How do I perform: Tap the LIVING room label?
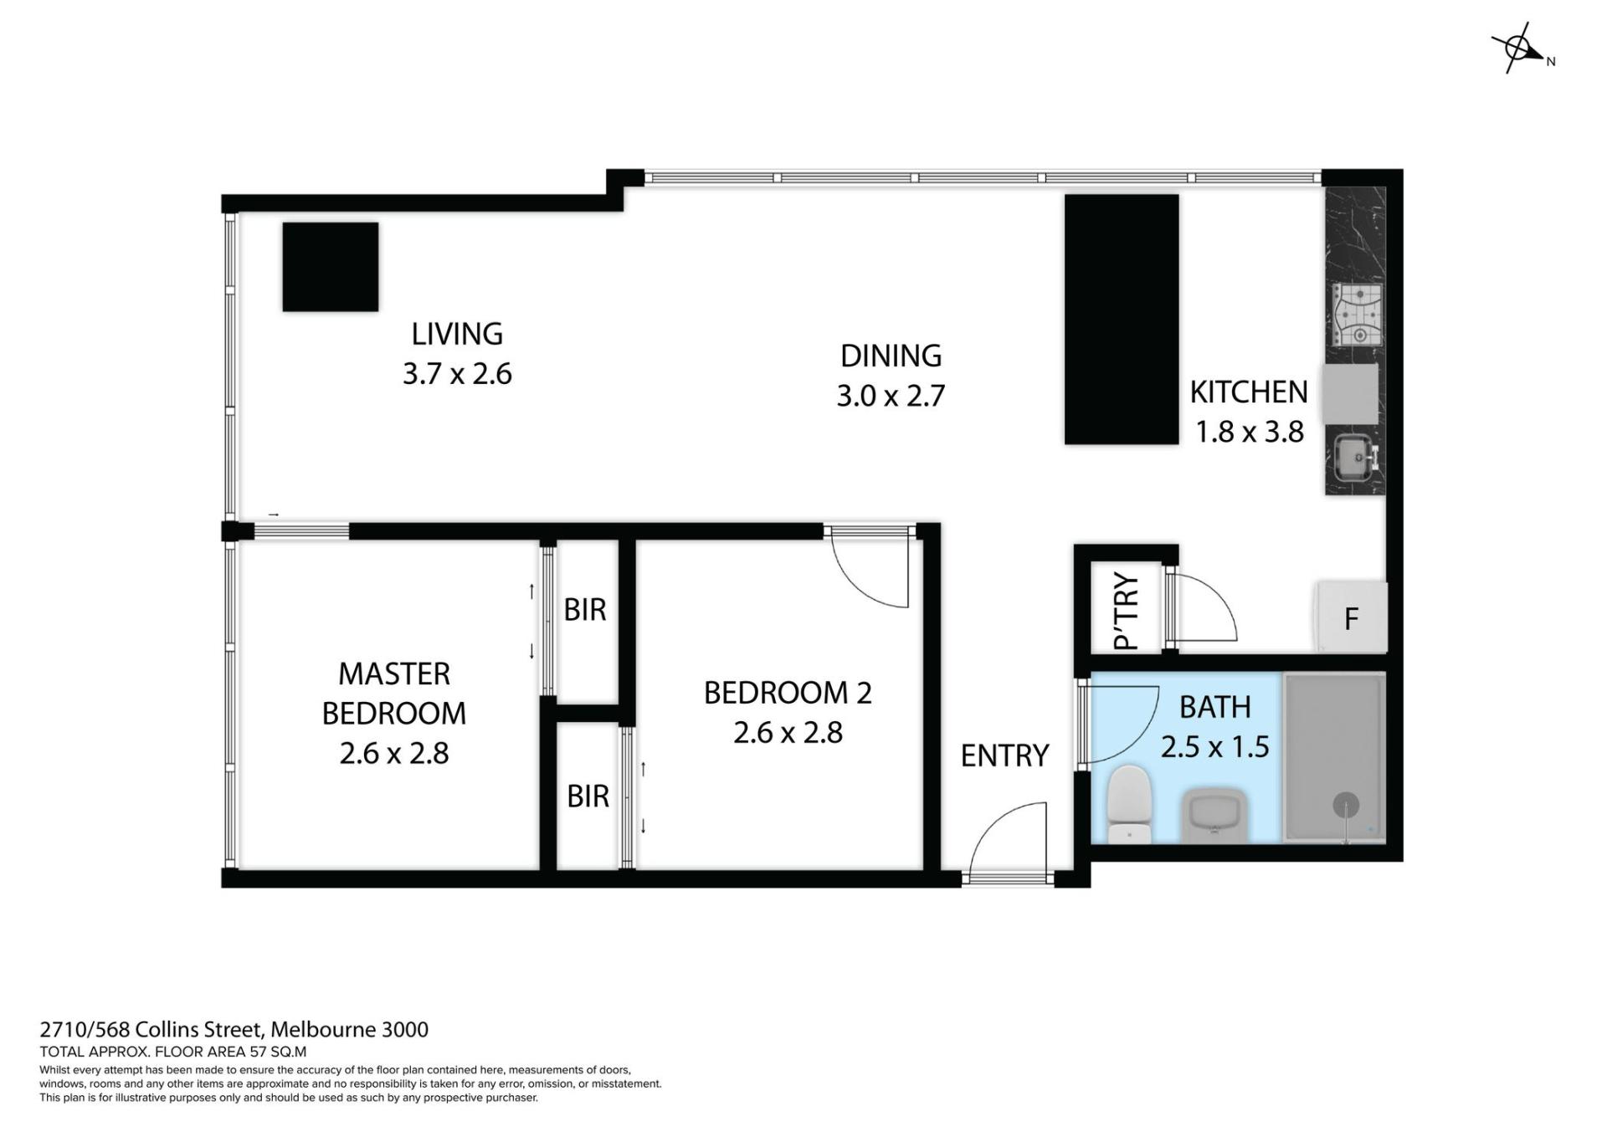point(457,334)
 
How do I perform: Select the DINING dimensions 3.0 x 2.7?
point(891,396)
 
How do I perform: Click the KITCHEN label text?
point(1249,392)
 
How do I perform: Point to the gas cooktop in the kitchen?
point(1357,315)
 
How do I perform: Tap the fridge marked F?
point(1351,617)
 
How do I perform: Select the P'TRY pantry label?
point(1127,612)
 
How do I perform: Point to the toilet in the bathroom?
point(1128,804)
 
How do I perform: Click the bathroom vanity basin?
point(1214,817)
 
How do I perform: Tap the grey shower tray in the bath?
point(1334,759)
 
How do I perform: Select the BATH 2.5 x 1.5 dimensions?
point(1215,746)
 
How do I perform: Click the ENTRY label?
point(1004,755)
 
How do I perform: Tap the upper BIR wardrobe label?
point(585,610)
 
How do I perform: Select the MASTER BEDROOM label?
point(394,694)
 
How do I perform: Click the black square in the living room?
point(331,267)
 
